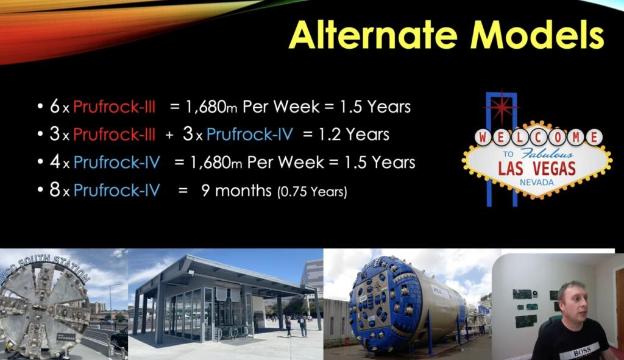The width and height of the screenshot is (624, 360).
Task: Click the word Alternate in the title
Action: point(374,35)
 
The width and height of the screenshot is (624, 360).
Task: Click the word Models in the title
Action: point(537,35)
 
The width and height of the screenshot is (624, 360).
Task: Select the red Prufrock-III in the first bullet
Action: point(114,107)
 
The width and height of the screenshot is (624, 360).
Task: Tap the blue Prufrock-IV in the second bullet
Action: point(250,135)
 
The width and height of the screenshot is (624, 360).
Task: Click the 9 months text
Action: point(236,191)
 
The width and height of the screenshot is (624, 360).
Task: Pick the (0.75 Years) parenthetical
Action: point(313,192)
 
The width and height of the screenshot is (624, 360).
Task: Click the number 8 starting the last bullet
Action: point(55,190)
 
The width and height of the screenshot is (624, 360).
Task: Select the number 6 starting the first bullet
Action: point(55,107)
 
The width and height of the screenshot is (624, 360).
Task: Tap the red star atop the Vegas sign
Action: point(502,107)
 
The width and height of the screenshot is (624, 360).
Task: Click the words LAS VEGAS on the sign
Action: point(537,169)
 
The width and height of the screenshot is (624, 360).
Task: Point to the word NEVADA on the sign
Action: point(537,183)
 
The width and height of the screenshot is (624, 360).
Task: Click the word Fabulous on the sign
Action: point(547,154)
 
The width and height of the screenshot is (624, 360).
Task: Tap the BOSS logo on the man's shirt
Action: point(582,351)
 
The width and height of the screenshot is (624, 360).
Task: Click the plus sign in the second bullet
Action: point(169,135)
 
